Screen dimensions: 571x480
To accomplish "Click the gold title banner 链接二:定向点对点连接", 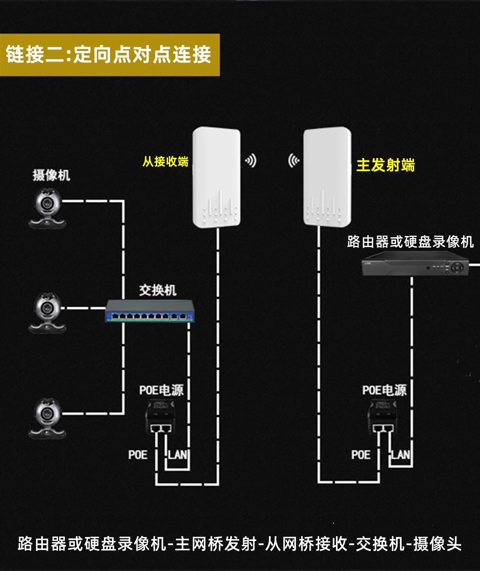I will pos(109,55).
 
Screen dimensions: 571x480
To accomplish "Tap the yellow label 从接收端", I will pos(165,162).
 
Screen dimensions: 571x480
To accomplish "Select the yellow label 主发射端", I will pos(385,165).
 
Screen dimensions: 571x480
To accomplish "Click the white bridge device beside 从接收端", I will pos(216,177).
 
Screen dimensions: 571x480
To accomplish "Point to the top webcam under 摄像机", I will pos(47,209).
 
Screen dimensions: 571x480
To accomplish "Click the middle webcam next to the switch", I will pos(47,313).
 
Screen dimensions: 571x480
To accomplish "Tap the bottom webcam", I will pos(47,418).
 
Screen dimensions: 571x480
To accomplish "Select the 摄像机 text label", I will pos(51,175).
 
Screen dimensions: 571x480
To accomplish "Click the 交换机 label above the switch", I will pos(158,290).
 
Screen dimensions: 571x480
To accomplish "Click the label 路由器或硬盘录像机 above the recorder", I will pos(410,242).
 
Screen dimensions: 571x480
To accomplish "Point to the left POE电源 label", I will pos(161,390).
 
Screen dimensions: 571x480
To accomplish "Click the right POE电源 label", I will pos(384,390).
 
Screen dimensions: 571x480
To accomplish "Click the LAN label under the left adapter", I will pos(177,455).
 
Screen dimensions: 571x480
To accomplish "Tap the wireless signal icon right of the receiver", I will pos(251,161).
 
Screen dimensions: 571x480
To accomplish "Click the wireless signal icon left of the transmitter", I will pos(294,161).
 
